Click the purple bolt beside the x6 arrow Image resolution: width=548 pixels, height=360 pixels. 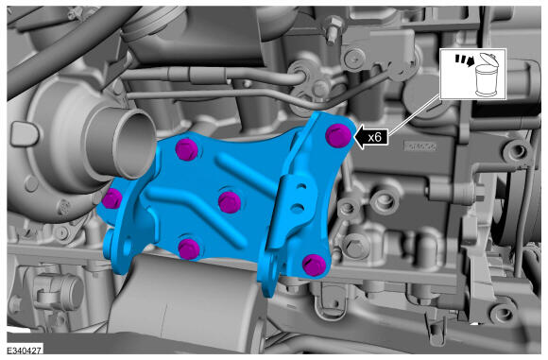pos(338,135)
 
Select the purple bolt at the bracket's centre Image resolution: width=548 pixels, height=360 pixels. pos(230,202)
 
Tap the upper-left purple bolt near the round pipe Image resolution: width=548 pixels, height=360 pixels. pos(187,149)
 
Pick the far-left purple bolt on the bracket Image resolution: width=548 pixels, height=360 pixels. pos(111,198)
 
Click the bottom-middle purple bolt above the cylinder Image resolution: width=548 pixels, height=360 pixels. pos(189,249)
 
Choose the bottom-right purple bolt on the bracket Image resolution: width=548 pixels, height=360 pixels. pos(314,265)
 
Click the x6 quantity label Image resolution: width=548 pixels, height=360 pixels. pos(374,137)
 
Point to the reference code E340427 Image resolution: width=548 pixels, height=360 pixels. pos(25,350)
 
